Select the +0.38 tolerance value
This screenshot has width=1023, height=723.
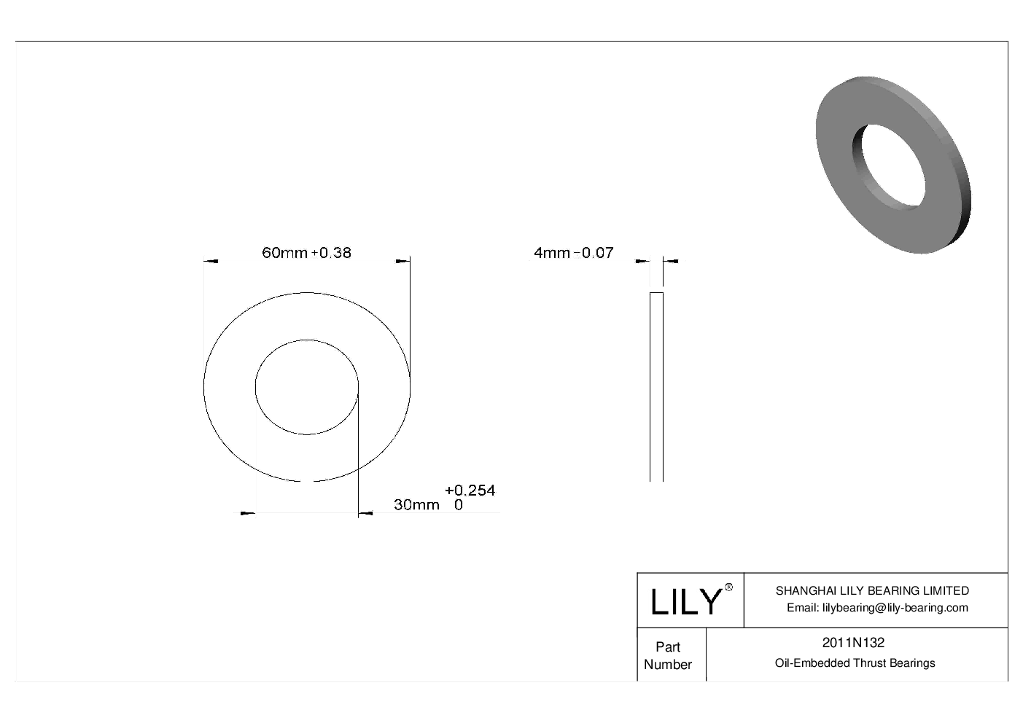tap(332, 253)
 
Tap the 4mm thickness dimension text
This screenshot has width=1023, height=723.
tap(552, 253)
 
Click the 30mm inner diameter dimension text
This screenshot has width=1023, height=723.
tap(416, 504)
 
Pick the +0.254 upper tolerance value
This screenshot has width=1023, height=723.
tap(470, 491)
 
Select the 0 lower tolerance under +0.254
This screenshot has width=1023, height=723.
tap(458, 504)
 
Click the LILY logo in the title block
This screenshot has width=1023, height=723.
tap(685, 602)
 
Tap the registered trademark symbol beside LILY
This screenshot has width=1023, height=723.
tap(728, 587)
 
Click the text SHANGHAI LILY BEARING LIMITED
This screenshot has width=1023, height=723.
tap(872, 590)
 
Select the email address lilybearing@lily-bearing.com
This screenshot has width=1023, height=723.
tap(877, 608)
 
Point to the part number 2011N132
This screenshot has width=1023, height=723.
tap(853, 643)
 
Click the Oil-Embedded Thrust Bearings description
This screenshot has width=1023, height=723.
tap(855, 663)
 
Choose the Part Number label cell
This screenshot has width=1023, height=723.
tap(668, 655)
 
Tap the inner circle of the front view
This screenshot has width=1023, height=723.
tap(306, 387)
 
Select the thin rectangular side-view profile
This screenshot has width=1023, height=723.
tap(656, 386)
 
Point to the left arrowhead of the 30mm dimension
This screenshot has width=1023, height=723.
tap(248, 514)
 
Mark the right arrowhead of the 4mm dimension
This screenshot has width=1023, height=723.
tap(671, 260)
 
